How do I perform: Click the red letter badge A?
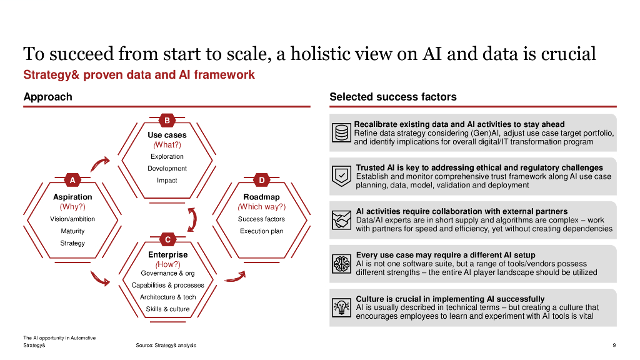tap(72, 181)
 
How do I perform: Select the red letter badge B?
tap(167, 121)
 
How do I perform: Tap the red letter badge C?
tap(167, 240)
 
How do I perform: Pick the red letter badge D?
tap(262, 181)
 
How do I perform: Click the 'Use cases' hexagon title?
tap(167, 135)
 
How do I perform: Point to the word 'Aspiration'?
tap(72, 197)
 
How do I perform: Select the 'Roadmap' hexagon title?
tap(261, 197)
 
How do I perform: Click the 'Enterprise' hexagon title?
tap(167, 255)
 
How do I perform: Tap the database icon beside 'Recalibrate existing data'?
tap(341, 133)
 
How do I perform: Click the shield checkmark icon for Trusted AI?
tap(341, 176)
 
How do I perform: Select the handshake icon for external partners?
tap(341, 220)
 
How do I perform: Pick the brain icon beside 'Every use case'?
tap(341, 264)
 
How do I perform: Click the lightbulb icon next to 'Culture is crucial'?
tap(341, 307)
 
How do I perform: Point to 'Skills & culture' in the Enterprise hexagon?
tap(167, 309)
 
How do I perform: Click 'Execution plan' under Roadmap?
tap(261, 231)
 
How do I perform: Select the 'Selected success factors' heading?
tap(392, 97)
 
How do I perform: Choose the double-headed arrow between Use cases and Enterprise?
tap(192, 219)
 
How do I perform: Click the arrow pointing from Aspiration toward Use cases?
tap(99, 164)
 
